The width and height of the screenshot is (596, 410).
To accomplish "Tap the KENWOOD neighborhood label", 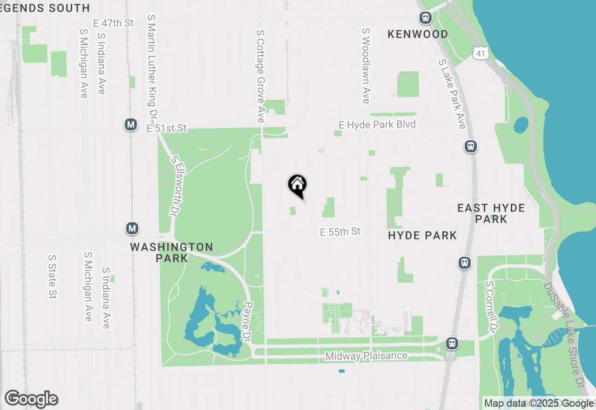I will pyautogui.click(x=418, y=34).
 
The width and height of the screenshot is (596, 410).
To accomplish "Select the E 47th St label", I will pyautogui.click(x=113, y=23).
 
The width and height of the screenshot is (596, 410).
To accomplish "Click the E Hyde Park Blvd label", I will pyautogui.click(x=377, y=125).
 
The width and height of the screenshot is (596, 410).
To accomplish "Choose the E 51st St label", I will pyautogui.click(x=166, y=128).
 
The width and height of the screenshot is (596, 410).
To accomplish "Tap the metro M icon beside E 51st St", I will pyautogui.click(x=131, y=124).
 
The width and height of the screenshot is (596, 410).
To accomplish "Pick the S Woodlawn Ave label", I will pyautogui.click(x=366, y=66).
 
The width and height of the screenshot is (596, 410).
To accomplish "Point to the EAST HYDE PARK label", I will pyautogui.click(x=491, y=213).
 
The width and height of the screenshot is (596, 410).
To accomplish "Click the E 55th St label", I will pyautogui.click(x=340, y=232).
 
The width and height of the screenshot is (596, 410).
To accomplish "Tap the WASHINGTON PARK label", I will pyautogui.click(x=171, y=252).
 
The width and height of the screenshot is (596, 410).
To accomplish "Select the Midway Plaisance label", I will pyautogui.click(x=366, y=356).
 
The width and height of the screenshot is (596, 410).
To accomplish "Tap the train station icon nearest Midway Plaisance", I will pyautogui.click(x=451, y=344).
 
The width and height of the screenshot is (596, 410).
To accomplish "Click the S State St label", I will pyautogui.click(x=52, y=276).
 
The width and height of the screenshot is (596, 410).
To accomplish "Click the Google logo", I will pyautogui.click(x=32, y=399).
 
